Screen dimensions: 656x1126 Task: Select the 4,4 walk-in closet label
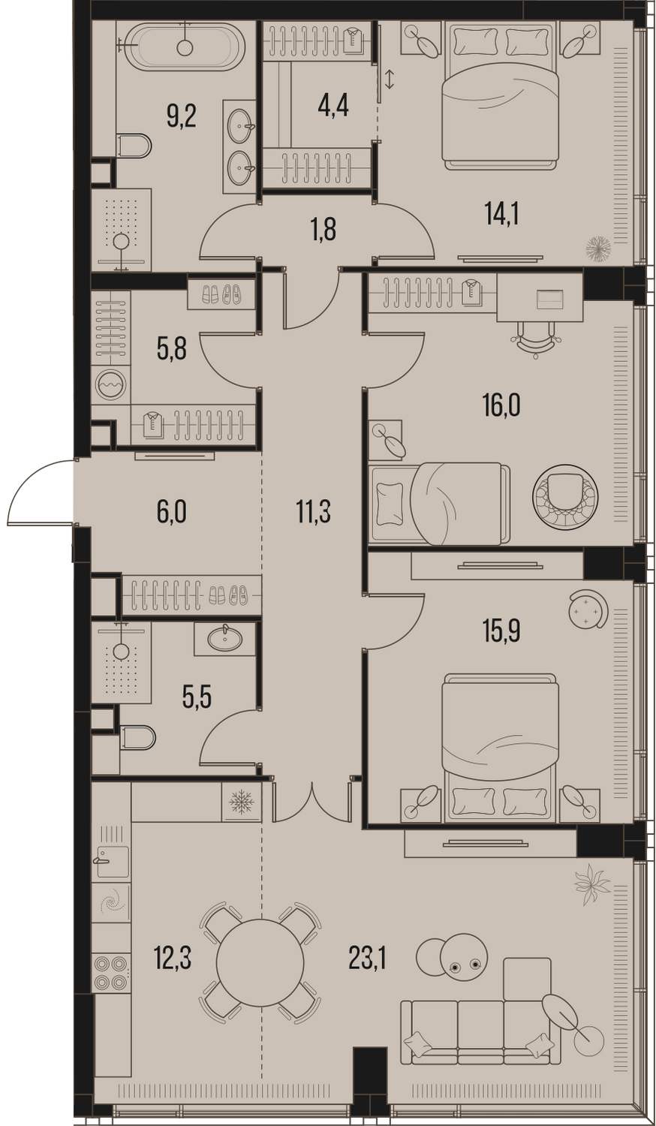click(333, 106)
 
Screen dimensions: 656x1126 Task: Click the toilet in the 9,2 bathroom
click(134, 146)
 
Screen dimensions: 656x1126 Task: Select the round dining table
click(260, 962)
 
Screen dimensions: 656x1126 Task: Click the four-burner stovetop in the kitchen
click(110, 971)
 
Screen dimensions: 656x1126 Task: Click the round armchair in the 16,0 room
click(565, 496)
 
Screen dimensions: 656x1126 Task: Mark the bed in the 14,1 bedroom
click(500, 95)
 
